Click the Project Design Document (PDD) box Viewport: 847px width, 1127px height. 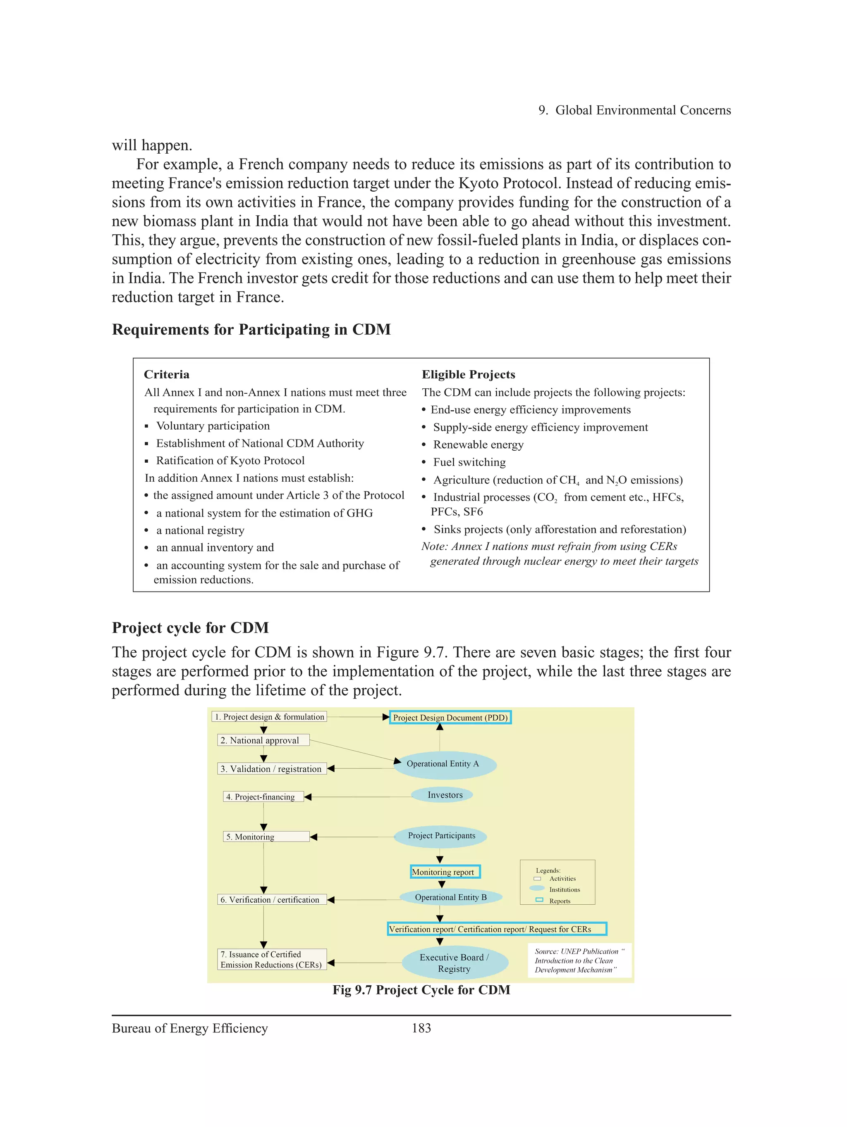click(450, 717)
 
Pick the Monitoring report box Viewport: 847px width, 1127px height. click(445, 872)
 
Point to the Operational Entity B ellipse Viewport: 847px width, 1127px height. click(451, 897)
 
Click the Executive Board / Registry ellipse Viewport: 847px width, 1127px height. click(455, 963)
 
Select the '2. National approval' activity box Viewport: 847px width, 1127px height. click(263, 740)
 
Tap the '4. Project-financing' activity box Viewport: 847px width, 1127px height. click(263, 797)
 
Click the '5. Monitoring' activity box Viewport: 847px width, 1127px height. click(266, 837)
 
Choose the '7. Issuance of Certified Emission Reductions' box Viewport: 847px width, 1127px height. click(272, 959)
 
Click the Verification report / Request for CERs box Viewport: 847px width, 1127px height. click(497, 929)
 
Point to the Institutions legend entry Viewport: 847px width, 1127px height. click(565, 889)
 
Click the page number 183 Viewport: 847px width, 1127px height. click(421, 1028)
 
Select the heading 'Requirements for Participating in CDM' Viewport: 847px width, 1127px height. click(251, 330)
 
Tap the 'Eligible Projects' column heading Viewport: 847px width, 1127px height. click(468, 374)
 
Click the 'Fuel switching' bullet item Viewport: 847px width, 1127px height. click(469, 462)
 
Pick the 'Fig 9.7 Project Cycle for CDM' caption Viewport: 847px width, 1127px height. click(421, 990)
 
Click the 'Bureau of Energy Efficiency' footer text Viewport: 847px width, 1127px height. click(190, 1028)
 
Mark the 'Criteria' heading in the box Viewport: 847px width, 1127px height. click(167, 374)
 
